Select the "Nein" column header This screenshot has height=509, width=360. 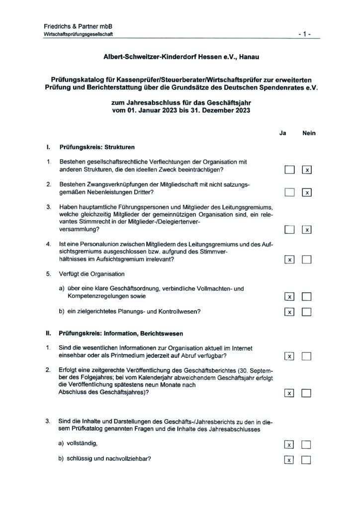point(308,133)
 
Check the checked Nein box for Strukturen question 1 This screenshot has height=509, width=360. point(307,170)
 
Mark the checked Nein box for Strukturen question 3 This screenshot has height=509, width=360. point(307,229)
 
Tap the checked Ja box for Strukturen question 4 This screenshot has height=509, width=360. point(290,259)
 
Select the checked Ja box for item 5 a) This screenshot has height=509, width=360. point(290,297)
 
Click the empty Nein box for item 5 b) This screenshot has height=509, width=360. point(307,312)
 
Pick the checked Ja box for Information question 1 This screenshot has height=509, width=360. point(290,356)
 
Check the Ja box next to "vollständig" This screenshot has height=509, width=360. point(290,444)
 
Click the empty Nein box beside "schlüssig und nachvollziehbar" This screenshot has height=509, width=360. point(307,460)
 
